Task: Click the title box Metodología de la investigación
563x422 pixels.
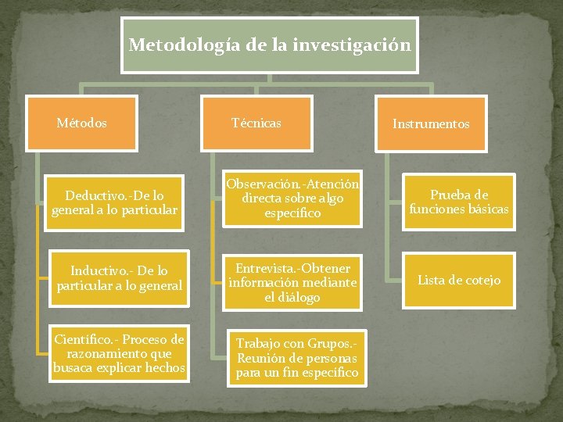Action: (x=269, y=44)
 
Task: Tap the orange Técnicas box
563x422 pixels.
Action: (x=256, y=123)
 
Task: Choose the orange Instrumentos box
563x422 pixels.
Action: (x=431, y=123)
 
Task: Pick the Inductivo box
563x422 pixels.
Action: (x=119, y=278)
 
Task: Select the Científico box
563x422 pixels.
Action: (x=119, y=353)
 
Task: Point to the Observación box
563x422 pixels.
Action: (x=292, y=198)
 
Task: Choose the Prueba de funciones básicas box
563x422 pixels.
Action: (x=459, y=202)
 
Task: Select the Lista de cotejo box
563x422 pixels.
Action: (x=459, y=280)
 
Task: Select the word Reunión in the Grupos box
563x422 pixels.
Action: (x=260, y=358)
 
